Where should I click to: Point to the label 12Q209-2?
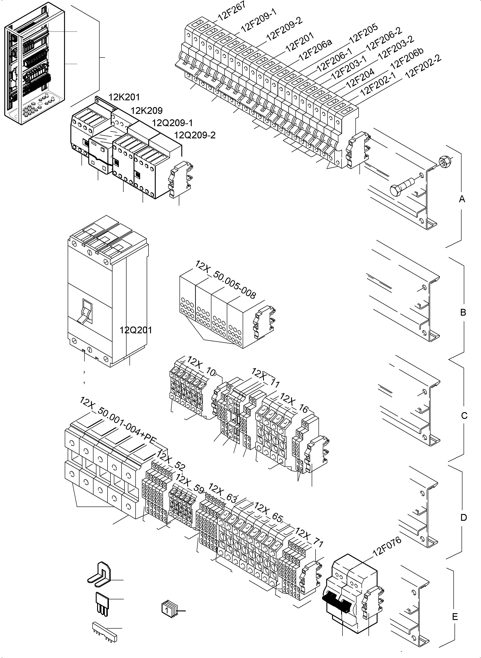tap(194, 135)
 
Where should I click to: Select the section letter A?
tap(462, 199)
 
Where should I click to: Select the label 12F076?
tap(387, 546)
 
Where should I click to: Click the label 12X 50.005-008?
tap(225, 280)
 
